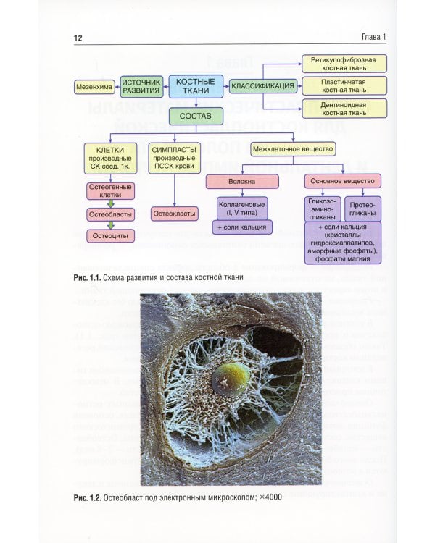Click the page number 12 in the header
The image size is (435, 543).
tap(77, 38)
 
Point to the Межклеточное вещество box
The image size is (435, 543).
tap(293, 149)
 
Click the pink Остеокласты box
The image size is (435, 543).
tap(174, 214)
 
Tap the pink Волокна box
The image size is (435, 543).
tap(241, 181)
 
